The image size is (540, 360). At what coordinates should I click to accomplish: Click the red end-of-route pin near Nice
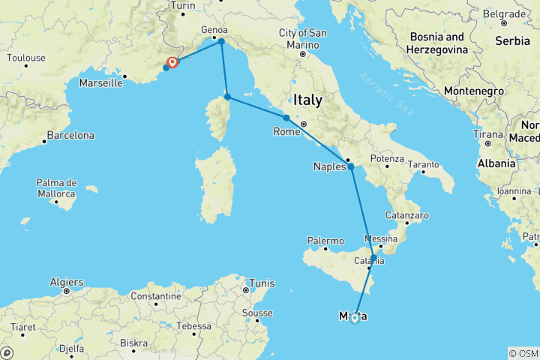(x=173, y=63)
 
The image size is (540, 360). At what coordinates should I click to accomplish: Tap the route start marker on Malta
(x=355, y=317)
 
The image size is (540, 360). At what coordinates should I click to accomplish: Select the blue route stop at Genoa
(x=221, y=42)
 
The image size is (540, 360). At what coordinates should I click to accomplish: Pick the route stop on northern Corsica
(x=227, y=97)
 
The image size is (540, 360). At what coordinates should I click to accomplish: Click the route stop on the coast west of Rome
(x=286, y=118)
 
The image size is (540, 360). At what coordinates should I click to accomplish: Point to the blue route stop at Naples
(x=351, y=166)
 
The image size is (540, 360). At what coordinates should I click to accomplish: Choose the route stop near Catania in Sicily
(x=373, y=257)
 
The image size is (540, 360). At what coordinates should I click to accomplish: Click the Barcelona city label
(x=70, y=136)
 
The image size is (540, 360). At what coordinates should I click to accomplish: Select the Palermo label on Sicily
(x=325, y=241)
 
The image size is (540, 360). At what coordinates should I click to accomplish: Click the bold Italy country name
(x=307, y=99)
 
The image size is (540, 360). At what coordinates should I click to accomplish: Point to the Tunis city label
(x=262, y=283)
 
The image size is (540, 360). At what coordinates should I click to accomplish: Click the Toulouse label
(x=26, y=57)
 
